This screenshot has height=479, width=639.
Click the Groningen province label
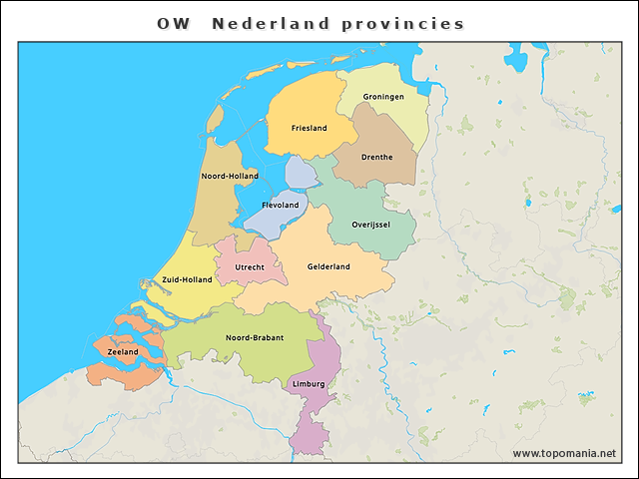(x=384, y=97)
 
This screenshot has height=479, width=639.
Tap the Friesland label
(x=309, y=128)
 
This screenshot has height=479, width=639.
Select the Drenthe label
(x=376, y=157)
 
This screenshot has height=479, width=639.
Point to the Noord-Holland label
(x=230, y=176)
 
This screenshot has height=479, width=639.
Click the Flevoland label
(x=280, y=205)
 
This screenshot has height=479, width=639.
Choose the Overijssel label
(x=371, y=225)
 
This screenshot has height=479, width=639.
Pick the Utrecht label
(x=250, y=267)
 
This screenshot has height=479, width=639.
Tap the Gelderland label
(x=328, y=266)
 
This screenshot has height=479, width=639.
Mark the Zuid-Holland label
(x=187, y=279)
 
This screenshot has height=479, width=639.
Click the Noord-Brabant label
(x=255, y=337)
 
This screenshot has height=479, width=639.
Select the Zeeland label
(x=122, y=352)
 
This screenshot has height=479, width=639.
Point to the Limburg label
(x=309, y=383)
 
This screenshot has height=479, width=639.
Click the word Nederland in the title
(x=271, y=24)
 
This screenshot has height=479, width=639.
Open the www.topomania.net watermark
(x=564, y=454)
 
